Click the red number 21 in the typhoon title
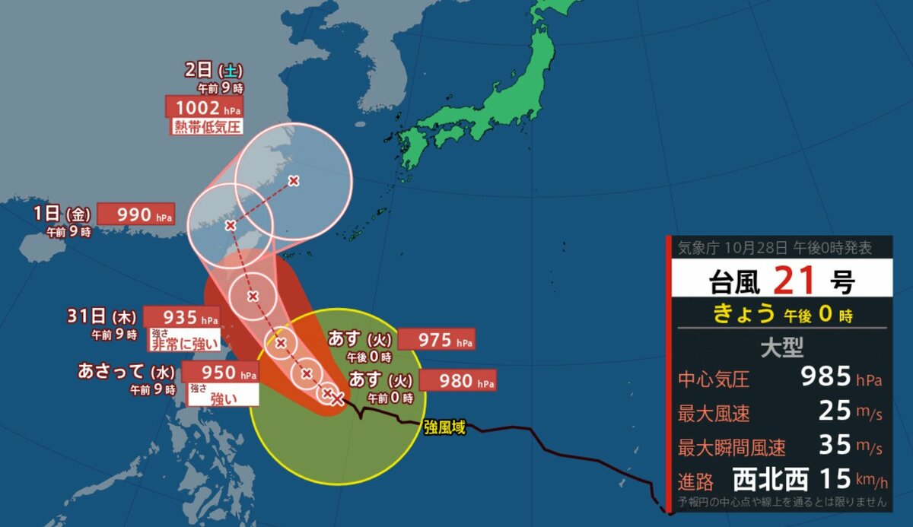(x=797, y=281)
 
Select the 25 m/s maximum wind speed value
(x=836, y=411)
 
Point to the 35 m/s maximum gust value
(x=836, y=446)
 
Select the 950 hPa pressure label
(x=219, y=373)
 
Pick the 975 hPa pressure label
(x=436, y=339)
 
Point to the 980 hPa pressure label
(x=456, y=380)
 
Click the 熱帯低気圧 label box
(x=205, y=126)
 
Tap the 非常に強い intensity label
(x=186, y=343)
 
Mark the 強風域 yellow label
(x=444, y=428)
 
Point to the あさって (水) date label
(x=127, y=372)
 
